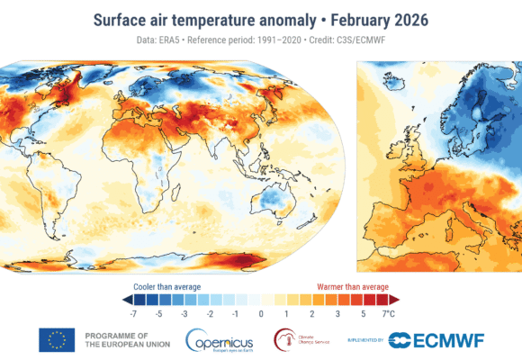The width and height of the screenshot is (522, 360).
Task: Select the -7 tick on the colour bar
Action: click(x=132, y=314)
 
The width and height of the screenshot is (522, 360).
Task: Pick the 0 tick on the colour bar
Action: click(x=260, y=314)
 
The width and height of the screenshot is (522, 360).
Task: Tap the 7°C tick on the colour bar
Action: click(x=390, y=314)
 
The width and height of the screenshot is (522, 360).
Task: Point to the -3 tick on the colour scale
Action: click(x=184, y=314)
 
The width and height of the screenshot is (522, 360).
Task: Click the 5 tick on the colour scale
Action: click(x=363, y=314)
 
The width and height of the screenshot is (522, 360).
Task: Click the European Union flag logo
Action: click(x=57, y=339)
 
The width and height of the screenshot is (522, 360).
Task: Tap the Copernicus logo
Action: click(x=220, y=339)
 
